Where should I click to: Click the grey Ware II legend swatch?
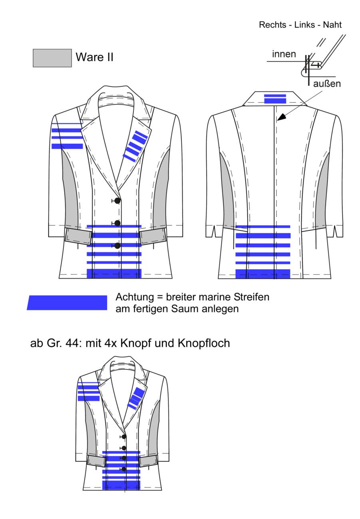coord(52,58)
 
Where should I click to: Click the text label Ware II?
coord(94,57)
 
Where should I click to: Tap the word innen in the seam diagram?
coord(284,54)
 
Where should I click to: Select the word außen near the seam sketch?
coord(327,84)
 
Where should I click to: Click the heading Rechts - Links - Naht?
coord(300,25)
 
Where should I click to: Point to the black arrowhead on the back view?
coord(282,117)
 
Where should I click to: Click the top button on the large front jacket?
coord(117,201)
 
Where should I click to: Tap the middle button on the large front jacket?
coord(117,223)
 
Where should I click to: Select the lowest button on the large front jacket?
coord(117,246)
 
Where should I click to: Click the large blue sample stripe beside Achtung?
coord(67,303)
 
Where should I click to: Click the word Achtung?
coord(135,297)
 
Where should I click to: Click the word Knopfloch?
coord(204,343)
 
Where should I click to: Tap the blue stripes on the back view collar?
coord(275,99)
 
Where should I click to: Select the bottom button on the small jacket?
coord(124,469)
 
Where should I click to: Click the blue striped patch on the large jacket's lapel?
coord(135,146)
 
